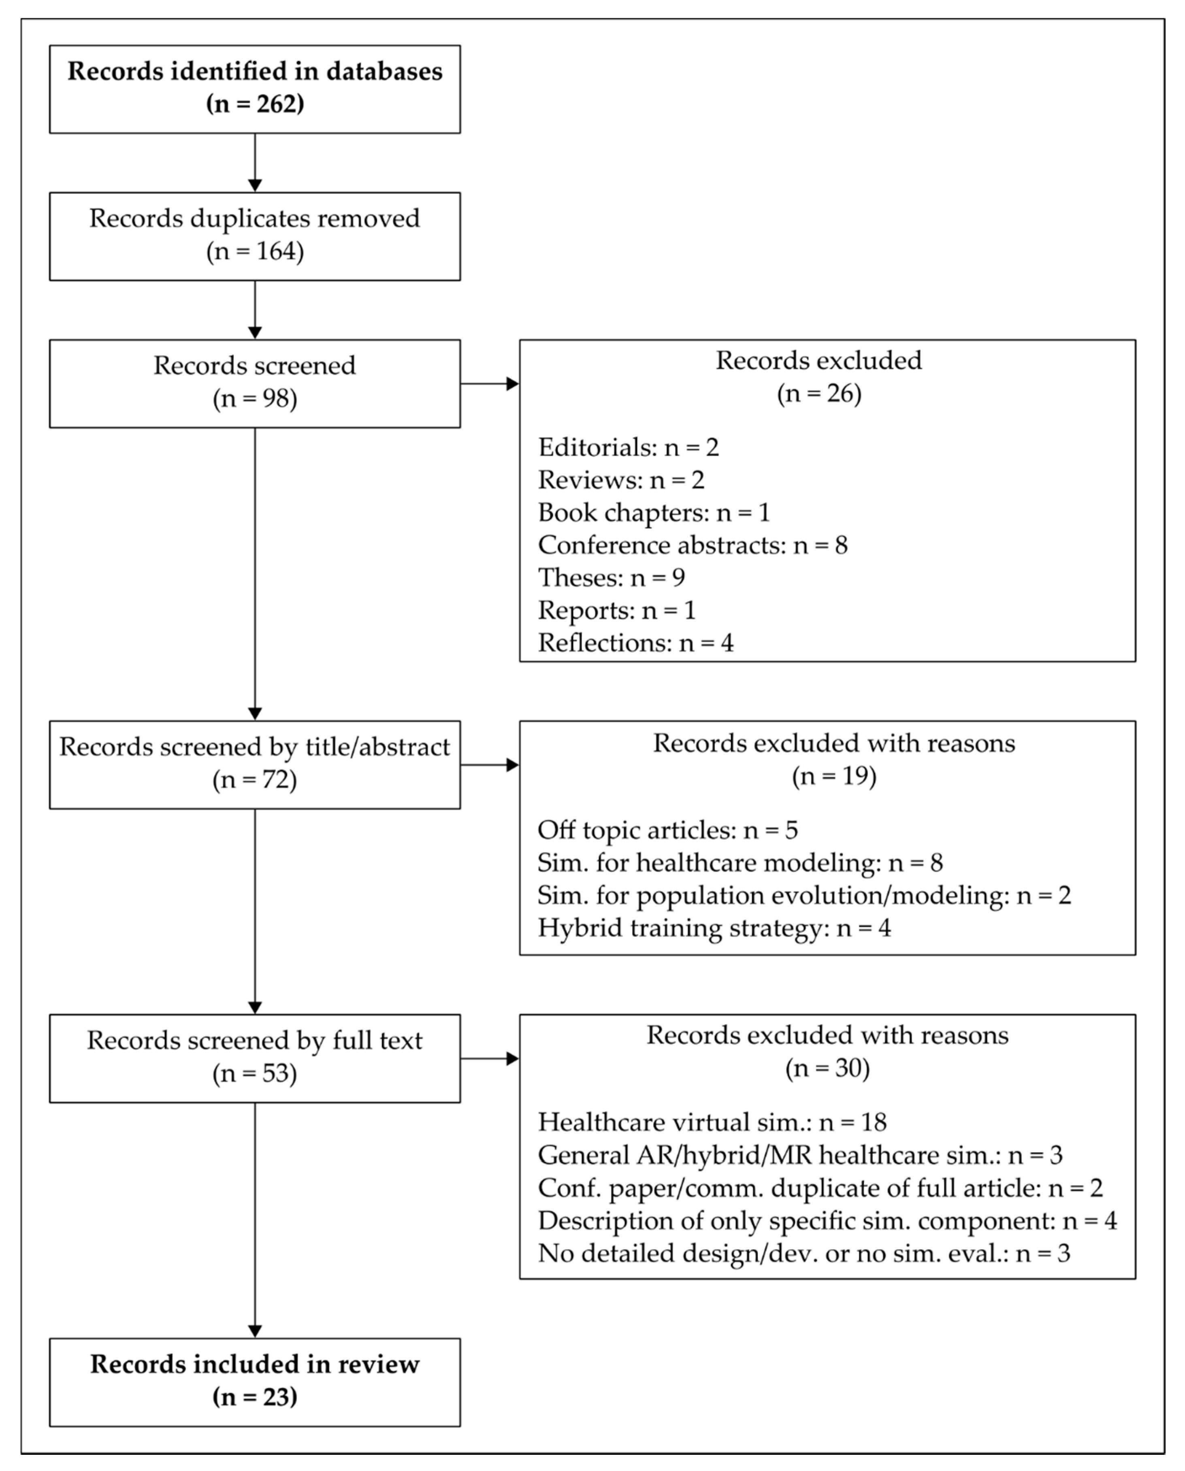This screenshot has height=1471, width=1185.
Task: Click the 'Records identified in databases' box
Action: pos(255,89)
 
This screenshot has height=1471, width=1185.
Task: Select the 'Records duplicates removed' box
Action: pos(255,236)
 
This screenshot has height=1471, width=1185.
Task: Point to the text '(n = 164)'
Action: pos(255,252)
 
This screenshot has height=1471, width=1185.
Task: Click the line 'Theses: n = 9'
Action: pos(612,578)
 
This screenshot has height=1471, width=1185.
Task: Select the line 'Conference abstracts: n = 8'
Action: pos(693,545)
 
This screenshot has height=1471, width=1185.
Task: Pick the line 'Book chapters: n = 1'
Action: pos(654,512)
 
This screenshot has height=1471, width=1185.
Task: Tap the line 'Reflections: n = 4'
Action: pos(635,643)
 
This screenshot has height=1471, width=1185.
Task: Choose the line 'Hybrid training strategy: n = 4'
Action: pos(714,928)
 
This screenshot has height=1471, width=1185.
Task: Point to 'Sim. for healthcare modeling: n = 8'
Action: pos(740,863)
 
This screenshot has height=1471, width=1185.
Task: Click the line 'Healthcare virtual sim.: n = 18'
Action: pos(712,1122)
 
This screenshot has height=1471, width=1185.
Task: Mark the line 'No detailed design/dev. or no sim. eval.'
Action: pos(804,1253)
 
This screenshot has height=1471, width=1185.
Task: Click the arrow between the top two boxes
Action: pos(255,162)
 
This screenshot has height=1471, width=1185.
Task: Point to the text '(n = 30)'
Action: pos(827,1069)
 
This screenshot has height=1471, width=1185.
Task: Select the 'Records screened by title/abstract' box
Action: pos(255,765)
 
